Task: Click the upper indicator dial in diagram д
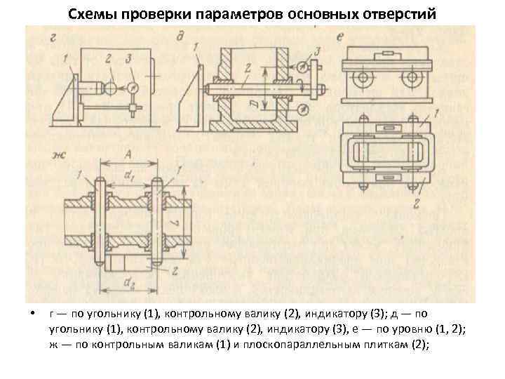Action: coord(300,69)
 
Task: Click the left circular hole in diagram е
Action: coord(365,79)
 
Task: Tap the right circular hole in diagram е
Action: coord(409,79)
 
